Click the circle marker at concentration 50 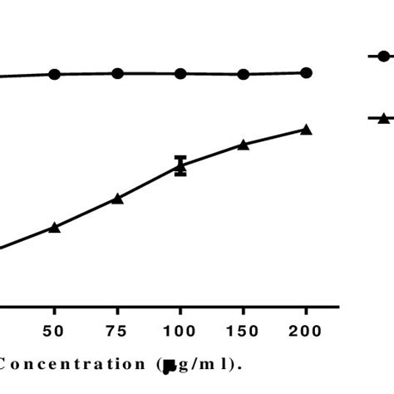click(55, 74)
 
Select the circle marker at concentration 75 click(118, 73)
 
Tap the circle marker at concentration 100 click(180, 73)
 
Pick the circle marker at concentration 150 click(244, 74)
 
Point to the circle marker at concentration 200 click(306, 73)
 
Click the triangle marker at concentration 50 click(55, 227)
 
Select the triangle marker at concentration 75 click(118, 198)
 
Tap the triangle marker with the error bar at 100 click(180, 166)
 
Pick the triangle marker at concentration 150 click(244, 145)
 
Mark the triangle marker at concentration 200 click(306, 129)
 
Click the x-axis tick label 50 click(55, 332)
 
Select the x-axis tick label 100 click(180, 332)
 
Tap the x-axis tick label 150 click(244, 332)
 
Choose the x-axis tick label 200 click(306, 332)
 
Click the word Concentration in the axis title click(75, 363)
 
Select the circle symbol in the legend click(383, 57)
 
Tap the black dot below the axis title click(170, 372)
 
